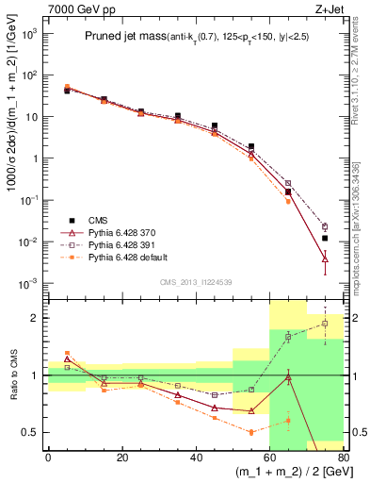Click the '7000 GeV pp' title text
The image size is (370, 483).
click(x=72, y=8)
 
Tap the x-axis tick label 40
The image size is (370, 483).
click(x=196, y=458)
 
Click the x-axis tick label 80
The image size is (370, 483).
click(x=344, y=458)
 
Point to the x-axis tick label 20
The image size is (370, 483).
click(x=121, y=458)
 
